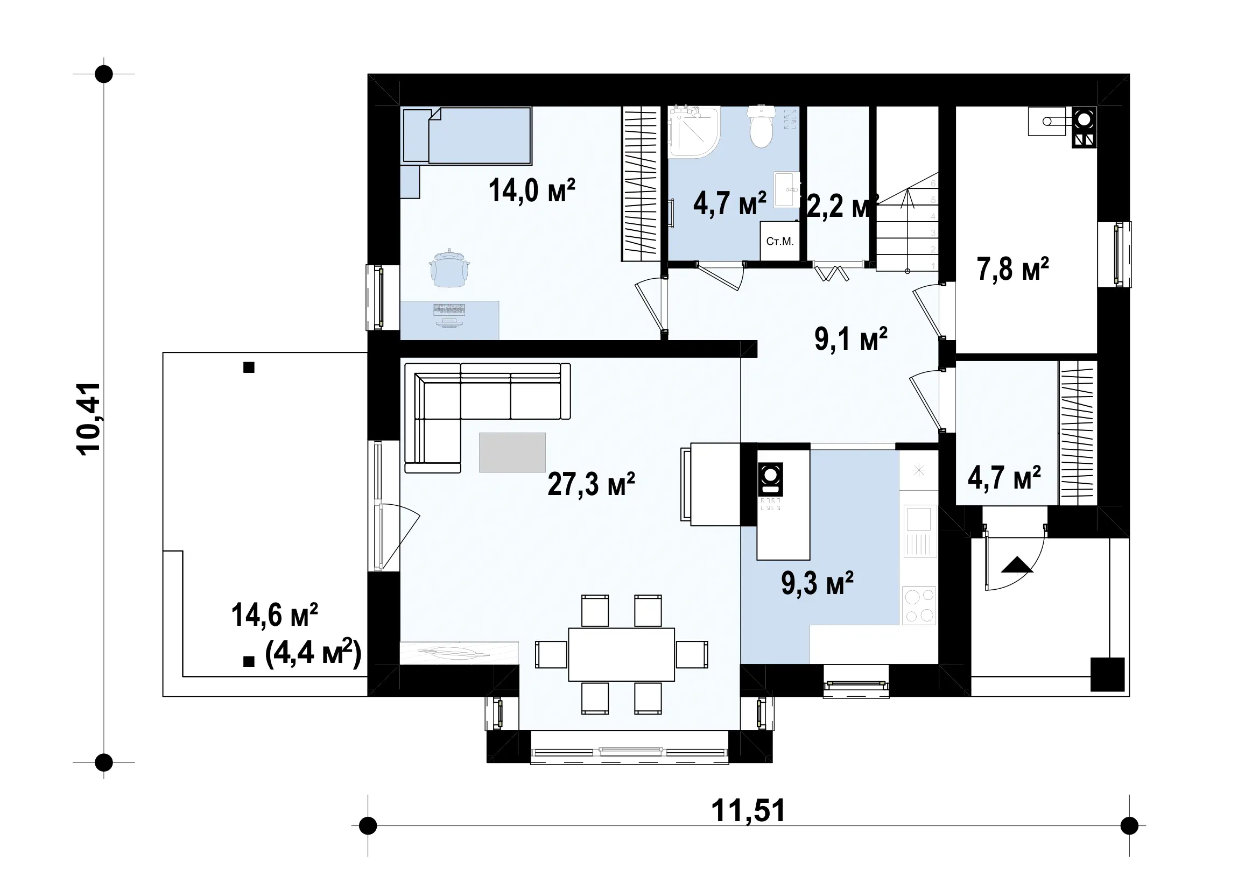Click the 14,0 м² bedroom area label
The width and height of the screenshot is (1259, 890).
pos(531,190)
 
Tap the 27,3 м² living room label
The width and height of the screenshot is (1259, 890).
pos(591,484)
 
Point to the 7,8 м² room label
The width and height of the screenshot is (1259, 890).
pos(1013,269)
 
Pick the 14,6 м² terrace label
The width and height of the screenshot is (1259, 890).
pos(274,615)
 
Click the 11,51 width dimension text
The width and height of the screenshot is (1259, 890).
pos(748,810)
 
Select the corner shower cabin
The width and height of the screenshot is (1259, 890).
pos(694,132)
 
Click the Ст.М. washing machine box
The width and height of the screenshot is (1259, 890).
pos(780,241)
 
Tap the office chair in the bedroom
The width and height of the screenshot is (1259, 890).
pos(449,268)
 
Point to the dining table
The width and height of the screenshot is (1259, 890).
pos(621,654)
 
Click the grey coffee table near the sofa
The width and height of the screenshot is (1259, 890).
pos(512,452)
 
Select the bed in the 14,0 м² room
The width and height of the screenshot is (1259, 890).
pos(467,136)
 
